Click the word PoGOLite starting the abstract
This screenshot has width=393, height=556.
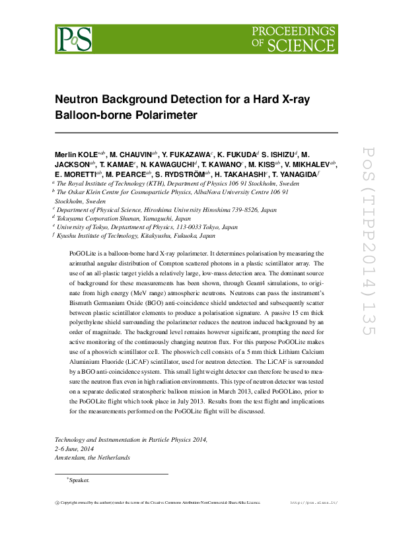(83, 253)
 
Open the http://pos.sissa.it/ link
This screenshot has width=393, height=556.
(314, 503)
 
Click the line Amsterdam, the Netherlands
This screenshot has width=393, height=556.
(92, 457)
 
